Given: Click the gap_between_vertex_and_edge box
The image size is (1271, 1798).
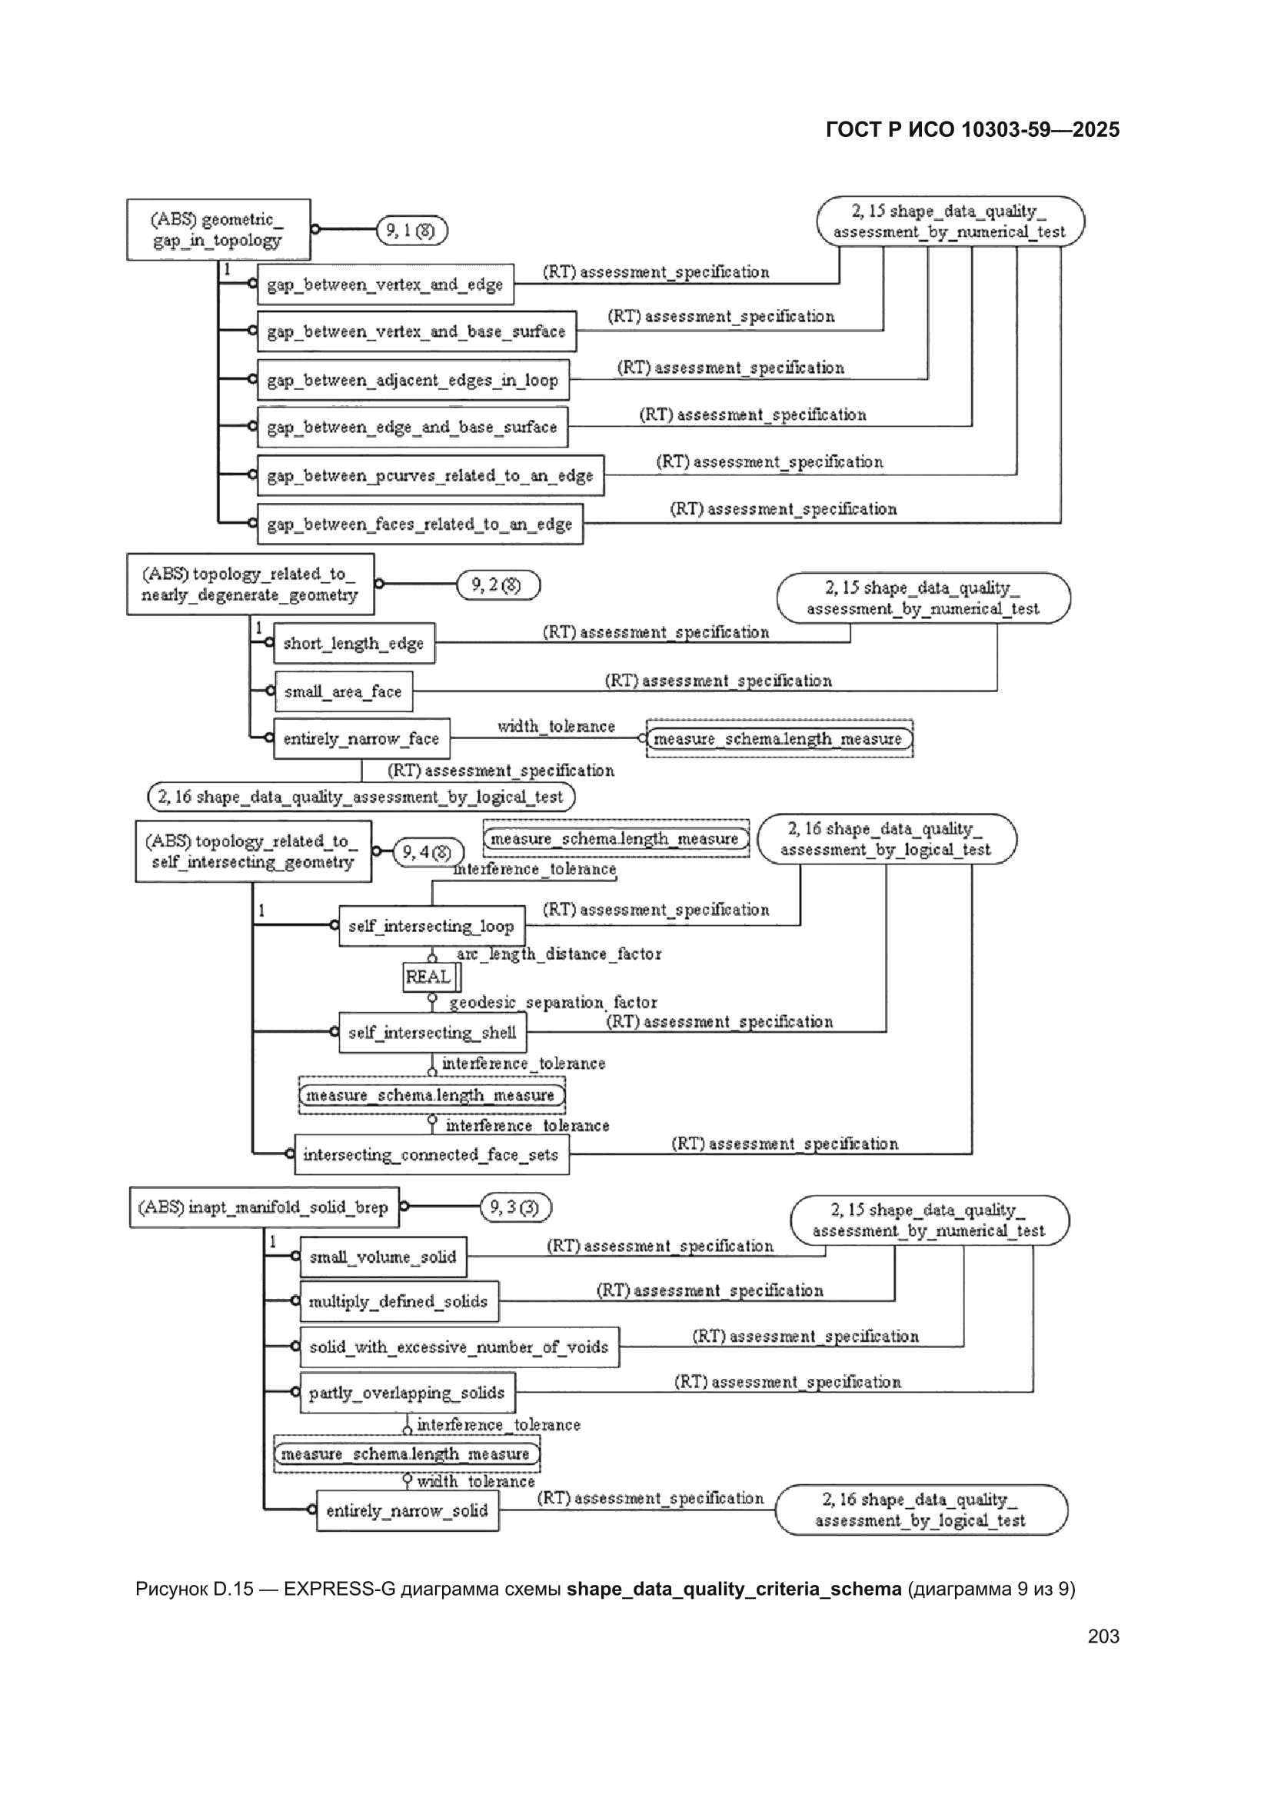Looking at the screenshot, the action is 385,285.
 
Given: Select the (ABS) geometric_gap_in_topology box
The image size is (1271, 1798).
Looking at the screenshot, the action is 218,229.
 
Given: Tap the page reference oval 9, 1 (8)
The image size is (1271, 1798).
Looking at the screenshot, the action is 412,230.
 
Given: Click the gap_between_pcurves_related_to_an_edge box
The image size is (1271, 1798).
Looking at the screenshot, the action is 431,475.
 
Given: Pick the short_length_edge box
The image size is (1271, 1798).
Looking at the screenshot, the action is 354,643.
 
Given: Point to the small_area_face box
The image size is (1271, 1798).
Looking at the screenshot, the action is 343,691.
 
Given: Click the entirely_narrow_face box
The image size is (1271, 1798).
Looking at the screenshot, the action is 362,738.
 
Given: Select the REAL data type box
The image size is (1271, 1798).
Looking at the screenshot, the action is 431,977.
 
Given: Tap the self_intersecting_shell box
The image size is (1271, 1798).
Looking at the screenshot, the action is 432,1032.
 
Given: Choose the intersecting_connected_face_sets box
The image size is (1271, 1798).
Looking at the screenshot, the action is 431,1154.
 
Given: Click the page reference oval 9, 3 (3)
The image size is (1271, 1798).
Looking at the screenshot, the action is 515,1207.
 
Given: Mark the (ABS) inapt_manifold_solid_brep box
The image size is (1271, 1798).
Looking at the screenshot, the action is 264,1207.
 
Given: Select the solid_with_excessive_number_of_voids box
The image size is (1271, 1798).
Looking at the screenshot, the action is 460,1347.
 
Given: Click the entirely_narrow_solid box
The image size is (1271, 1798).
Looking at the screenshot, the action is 408,1510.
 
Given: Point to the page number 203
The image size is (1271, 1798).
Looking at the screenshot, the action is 1103,1636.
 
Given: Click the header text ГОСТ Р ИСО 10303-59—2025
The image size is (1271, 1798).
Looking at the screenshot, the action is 973,130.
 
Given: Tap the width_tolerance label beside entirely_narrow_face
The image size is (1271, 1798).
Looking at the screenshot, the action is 556,727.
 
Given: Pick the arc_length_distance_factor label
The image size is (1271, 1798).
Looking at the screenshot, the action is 559,954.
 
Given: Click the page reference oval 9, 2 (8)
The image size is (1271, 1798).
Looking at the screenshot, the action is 498,585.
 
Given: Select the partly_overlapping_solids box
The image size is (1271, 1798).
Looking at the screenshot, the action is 408,1393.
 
